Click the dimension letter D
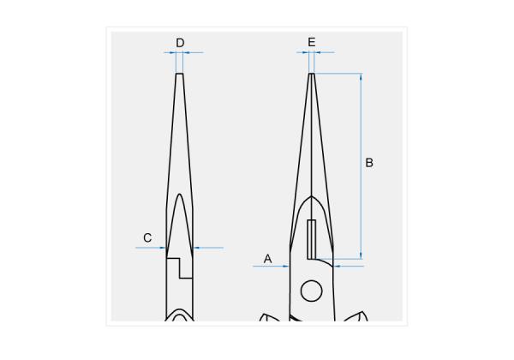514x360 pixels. (x=180, y=43)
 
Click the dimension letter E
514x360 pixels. (x=312, y=42)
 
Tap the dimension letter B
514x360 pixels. (x=369, y=163)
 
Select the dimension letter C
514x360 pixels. (x=147, y=237)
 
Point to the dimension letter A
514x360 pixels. (x=267, y=259)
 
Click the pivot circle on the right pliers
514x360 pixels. (x=311, y=291)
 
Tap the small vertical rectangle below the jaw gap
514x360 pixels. (x=312, y=239)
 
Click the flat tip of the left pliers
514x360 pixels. (x=179, y=74)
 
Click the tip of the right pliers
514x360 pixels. (x=312, y=74)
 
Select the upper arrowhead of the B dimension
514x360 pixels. (x=361, y=77)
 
